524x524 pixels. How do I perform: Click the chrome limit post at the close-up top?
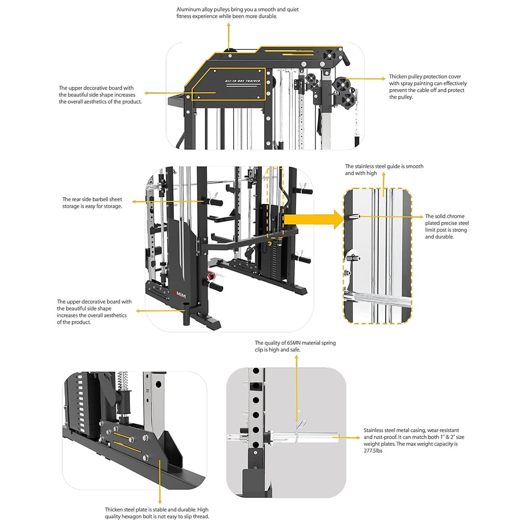click(354, 216)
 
